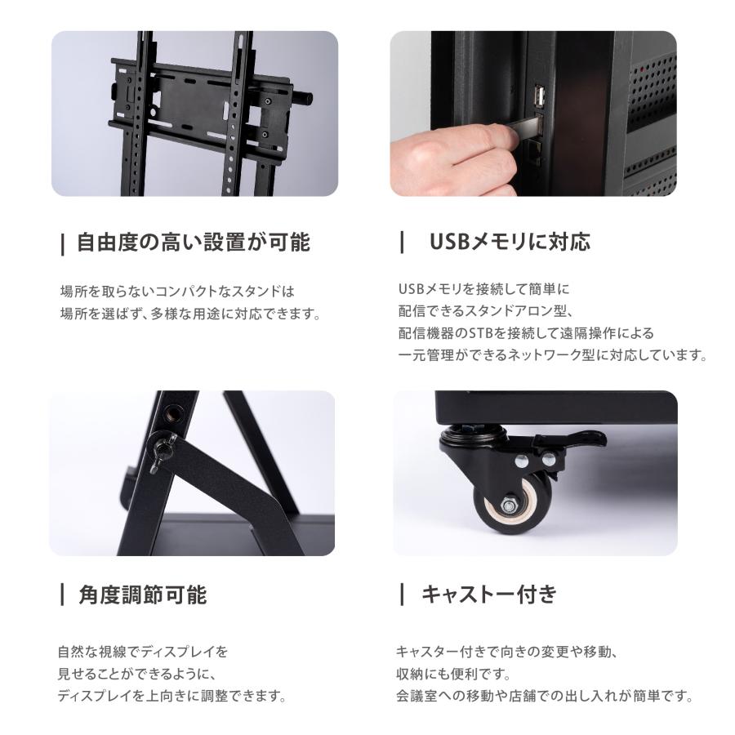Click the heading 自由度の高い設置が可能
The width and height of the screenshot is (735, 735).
pos(193,243)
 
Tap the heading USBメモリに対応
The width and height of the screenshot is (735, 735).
pos(509,242)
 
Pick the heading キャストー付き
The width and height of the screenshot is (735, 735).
pos(488,595)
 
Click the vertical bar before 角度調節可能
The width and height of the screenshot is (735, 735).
pos(63,595)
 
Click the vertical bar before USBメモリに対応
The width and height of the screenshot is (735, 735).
pos(402,242)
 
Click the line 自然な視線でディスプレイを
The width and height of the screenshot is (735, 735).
pos(143,652)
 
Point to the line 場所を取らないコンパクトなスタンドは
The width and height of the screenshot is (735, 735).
pos(176,291)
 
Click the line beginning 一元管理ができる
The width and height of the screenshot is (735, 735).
pos(551,355)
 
